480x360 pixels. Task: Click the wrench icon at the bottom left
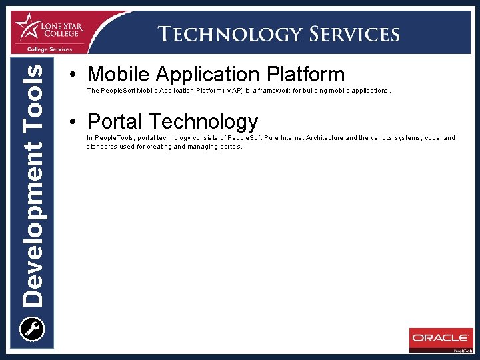tap(32, 329)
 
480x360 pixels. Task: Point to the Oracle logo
tap(440, 338)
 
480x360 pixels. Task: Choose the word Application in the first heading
tap(203, 74)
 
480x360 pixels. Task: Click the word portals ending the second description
tap(231, 146)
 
